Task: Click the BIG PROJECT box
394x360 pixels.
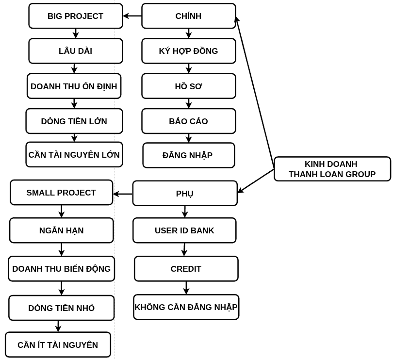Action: [76, 16]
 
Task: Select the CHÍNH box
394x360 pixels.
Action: [188, 16]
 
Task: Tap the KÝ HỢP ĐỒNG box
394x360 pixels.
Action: [188, 51]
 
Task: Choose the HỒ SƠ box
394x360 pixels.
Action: [188, 86]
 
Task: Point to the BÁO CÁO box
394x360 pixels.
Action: [188, 121]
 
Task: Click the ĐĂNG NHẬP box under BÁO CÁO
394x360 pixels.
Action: [188, 155]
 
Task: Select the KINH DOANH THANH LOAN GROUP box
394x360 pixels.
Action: [332, 169]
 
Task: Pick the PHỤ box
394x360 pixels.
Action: [184, 194]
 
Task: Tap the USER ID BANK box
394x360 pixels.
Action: [184, 230]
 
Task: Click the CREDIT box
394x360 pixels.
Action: [186, 269]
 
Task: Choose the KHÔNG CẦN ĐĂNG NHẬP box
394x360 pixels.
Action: [186, 307]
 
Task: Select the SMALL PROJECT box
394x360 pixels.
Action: [61, 193]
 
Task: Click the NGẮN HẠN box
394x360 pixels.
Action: [61, 230]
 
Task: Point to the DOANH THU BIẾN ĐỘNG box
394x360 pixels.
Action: [61, 269]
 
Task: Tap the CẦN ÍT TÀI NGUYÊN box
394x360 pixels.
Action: [58, 345]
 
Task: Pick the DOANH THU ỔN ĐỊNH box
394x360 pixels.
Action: [74, 86]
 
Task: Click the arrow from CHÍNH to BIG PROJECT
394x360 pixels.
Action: [132, 16]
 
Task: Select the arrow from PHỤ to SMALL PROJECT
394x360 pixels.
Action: [123, 194]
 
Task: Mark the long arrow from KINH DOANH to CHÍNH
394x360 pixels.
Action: [255, 92]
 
